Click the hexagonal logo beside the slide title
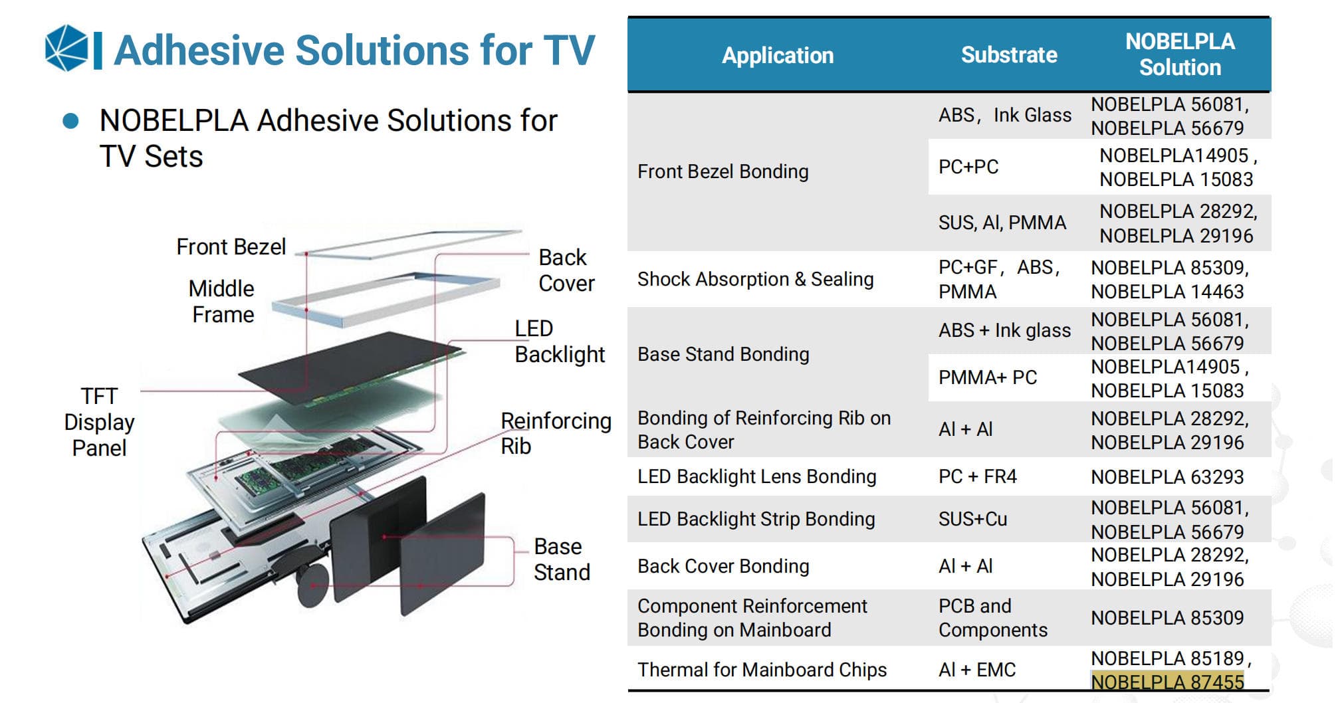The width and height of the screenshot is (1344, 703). point(66,48)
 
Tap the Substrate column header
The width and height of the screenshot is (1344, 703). point(1009,54)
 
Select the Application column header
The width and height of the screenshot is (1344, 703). point(778,55)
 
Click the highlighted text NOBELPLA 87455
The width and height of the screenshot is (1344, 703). point(1167,682)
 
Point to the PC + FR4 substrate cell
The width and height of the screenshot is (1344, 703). point(977,476)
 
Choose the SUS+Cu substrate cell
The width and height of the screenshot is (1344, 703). point(972,519)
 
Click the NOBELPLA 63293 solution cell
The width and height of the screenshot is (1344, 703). point(1167,477)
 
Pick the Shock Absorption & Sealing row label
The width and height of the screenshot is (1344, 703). point(755,279)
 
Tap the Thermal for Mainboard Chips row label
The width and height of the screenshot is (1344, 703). point(762,670)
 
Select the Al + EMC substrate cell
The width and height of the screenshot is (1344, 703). point(977,670)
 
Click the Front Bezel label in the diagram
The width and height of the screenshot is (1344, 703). point(231,247)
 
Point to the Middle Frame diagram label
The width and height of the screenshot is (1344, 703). point(222,301)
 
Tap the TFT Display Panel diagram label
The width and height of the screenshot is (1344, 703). point(99,422)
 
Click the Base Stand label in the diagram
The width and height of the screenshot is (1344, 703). point(562,559)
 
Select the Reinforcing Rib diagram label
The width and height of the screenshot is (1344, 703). point(556,433)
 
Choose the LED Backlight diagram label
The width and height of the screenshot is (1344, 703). point(560,342)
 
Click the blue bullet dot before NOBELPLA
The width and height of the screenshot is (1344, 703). point(70,121)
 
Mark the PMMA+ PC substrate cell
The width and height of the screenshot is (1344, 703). point(988,377)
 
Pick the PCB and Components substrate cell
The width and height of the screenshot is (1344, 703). point(993,618)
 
